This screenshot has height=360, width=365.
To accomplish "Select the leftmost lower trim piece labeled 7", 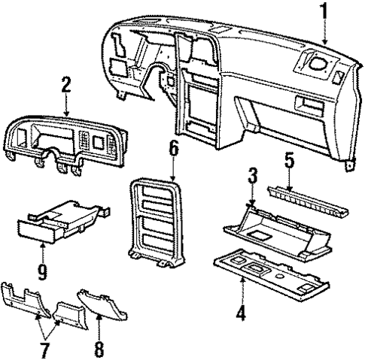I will pos(23,301).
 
